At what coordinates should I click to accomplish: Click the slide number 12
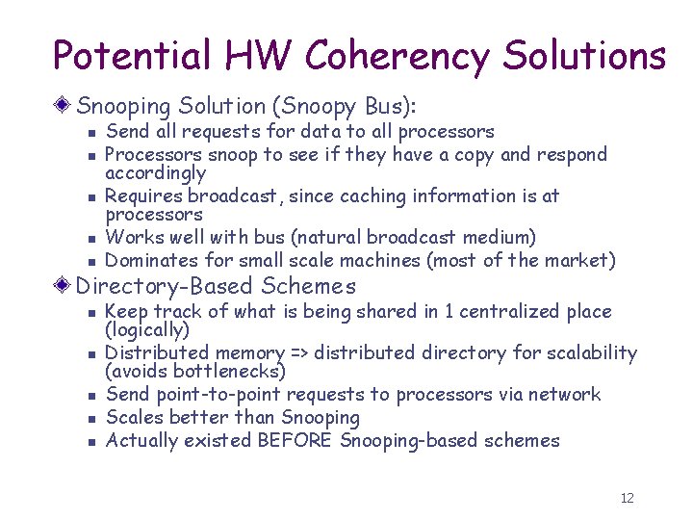[628, 498]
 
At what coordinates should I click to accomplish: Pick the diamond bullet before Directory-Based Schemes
[64, 286]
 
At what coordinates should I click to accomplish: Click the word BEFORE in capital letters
[295, 440]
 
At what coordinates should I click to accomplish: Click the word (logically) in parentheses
[147, 330]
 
